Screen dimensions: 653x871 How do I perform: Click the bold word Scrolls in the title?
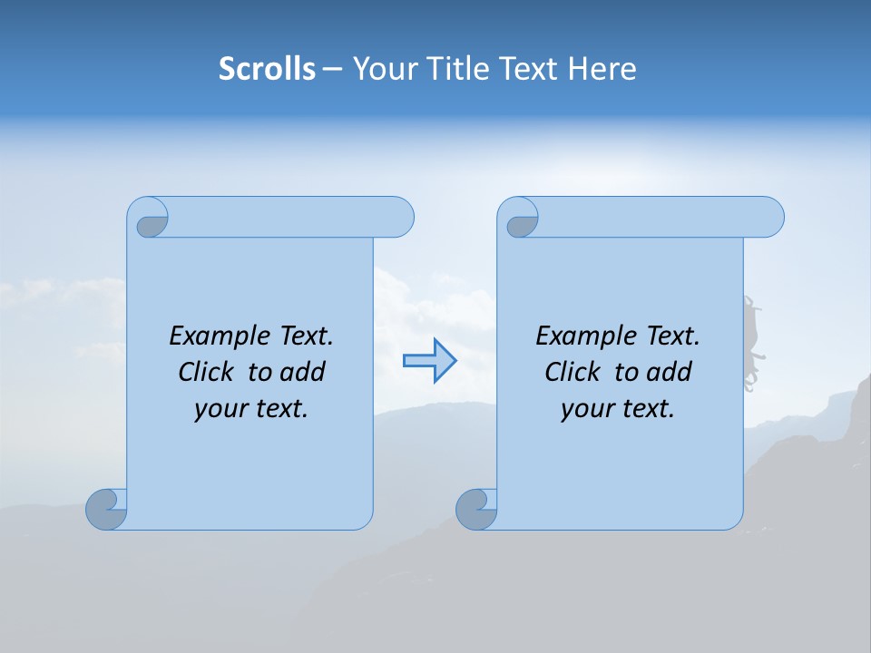point(267,69)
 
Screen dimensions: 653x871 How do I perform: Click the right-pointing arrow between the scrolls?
point(429,361)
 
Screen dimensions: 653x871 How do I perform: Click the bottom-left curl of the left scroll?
point(106,509)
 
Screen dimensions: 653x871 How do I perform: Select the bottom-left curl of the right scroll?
point(475,509)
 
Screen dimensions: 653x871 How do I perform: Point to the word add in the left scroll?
point(303,372)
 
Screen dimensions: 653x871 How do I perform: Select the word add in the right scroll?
point(670,372)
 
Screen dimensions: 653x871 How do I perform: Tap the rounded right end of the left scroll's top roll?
point(399,218)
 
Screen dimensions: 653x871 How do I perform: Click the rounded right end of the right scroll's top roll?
point(769,218)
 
